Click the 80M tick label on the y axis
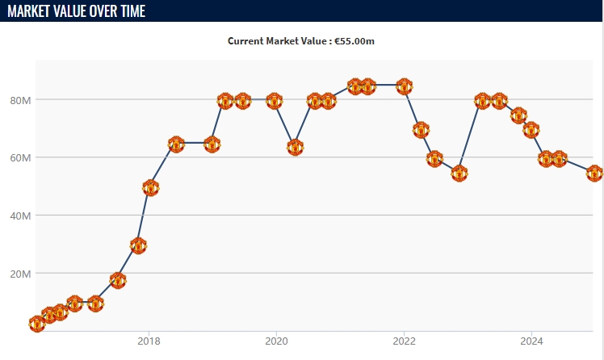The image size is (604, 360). coord(20,100)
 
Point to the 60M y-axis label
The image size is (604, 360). coord(20,157)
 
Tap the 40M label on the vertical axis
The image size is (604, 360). coord(20,216)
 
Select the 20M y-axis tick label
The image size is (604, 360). coord(20,274)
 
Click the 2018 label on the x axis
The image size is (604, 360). coord(148,341)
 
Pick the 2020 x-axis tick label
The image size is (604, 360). coord(276,341)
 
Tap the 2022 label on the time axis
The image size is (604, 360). coord(404,341)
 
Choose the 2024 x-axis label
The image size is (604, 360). coord(531,341)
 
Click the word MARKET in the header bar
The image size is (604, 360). coord(33,10)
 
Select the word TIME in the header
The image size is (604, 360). coord(130,10)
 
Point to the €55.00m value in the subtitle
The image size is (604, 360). coord(356,40)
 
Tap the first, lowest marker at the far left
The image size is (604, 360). coord(37,324)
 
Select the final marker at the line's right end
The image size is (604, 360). coord(594,174)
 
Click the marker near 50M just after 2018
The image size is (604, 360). coord(150,187)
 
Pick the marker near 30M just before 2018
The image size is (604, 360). coord(138,245)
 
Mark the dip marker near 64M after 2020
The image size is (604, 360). coord(295,148)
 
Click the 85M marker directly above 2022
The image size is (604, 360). coord(405,86)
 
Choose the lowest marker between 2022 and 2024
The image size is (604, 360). coord(459,174)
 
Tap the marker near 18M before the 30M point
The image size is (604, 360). coord(118,281)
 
